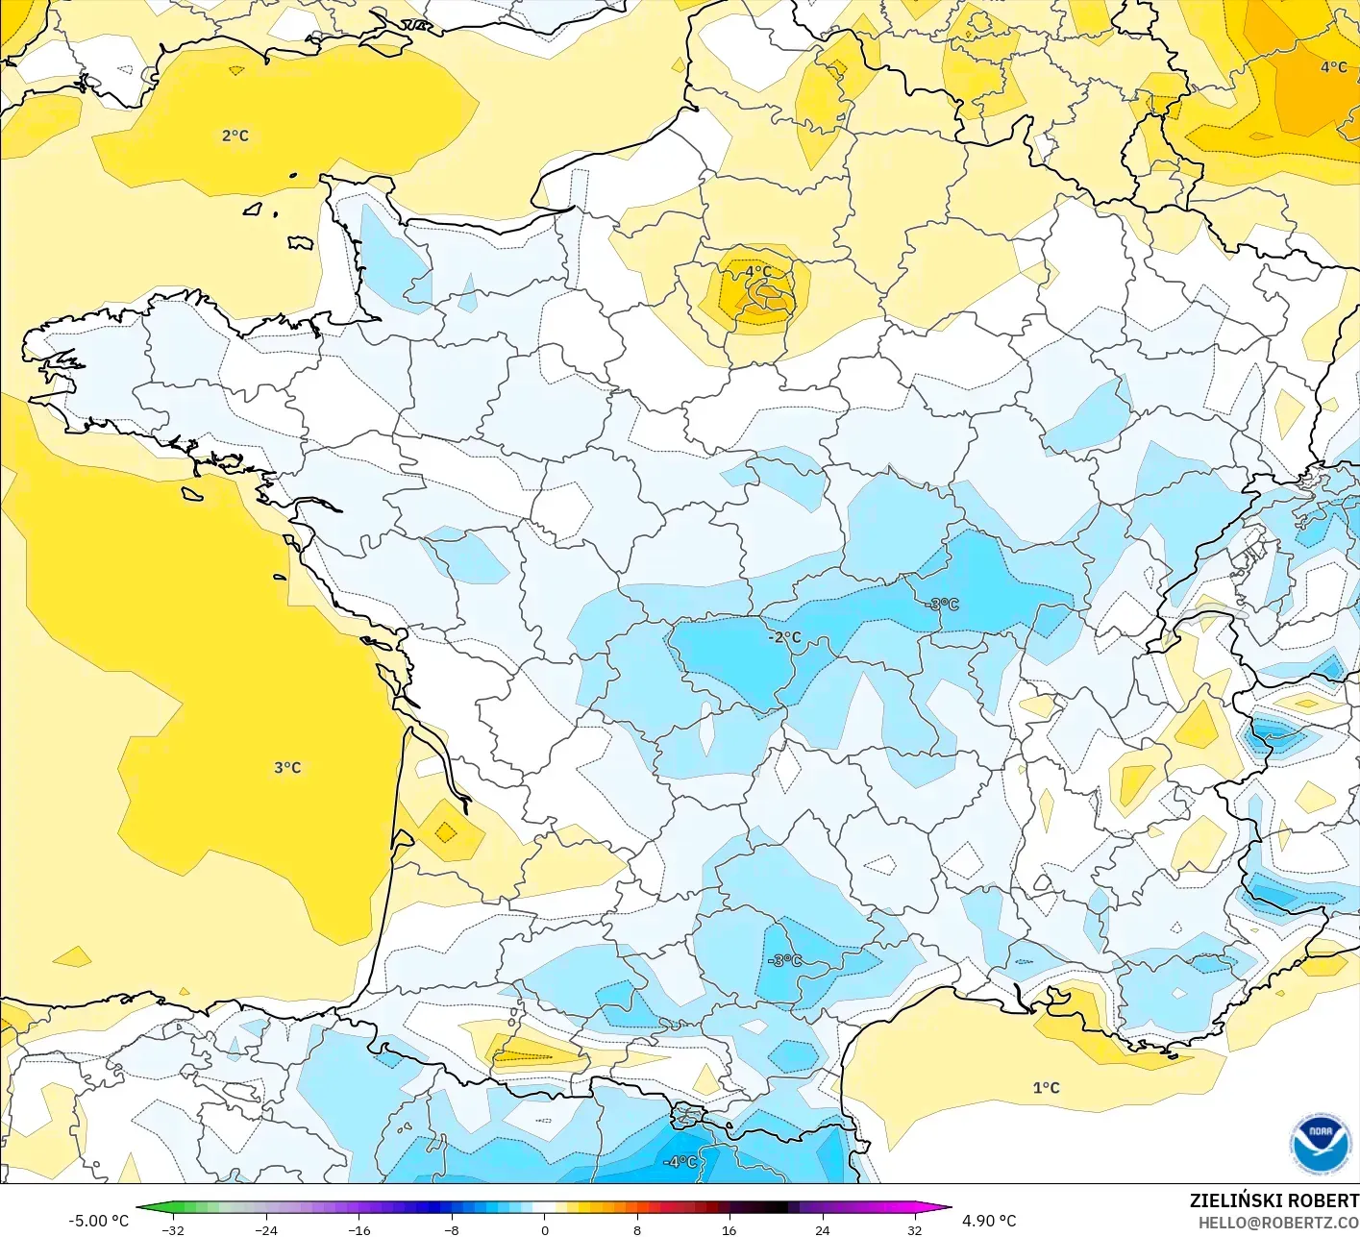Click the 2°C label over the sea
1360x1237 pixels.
pos(235,136)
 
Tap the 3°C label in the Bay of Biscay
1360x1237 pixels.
pos(287,767)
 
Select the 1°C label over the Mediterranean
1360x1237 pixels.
pos(1046,1087)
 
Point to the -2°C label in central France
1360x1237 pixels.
pos(784,636)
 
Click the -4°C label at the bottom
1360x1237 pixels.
pos(680,1161)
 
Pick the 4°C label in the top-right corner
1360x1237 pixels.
pos(1333,66)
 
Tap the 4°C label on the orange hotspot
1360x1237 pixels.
pos(757,272)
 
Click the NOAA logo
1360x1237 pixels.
pos(1320,1145)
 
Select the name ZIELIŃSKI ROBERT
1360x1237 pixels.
pos(1273,1200)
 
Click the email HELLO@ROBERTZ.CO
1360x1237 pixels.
pos(1278,1223)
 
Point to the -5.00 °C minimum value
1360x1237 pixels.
pos(98,1221)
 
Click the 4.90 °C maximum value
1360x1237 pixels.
pos(989,1221)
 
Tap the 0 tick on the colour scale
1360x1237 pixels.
pos(544,1229)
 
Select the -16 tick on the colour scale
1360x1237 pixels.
pos(359,1229)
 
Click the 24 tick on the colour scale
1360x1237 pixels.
pos(822,1229)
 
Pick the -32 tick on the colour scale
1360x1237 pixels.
pos(173,1229)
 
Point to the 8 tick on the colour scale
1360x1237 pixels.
pos(636,1229)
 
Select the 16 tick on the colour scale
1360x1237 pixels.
pos(729,1229)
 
